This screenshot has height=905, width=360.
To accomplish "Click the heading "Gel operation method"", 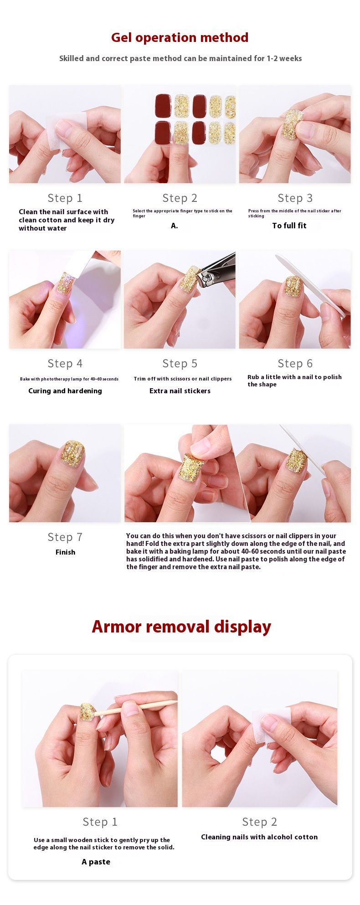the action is tap(180, 37).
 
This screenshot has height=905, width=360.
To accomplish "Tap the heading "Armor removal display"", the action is tap(181, 627).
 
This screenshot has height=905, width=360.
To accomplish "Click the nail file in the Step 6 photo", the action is tap(310, 285).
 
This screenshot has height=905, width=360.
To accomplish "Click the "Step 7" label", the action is tap(65, 537).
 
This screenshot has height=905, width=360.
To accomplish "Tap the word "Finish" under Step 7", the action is tap(65, 552).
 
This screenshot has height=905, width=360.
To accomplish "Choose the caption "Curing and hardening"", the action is tap(65, 391).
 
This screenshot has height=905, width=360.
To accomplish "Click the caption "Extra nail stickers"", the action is tap(180, 391).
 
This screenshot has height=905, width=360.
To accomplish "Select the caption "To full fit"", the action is tap(289, 226).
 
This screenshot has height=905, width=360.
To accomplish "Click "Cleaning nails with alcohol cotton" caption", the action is tap(259, 837).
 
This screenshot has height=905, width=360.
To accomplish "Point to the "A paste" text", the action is tap(96, 862).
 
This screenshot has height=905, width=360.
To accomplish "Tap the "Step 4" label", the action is tap(65, 364).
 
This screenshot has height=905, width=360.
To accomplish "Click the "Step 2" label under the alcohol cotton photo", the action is tap(259, 822).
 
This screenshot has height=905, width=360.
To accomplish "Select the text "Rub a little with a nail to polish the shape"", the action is tap(294, 381).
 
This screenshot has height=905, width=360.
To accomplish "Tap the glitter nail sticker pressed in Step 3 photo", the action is tap(290, 124).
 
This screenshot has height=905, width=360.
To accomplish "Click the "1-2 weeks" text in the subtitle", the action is tap(284, 58).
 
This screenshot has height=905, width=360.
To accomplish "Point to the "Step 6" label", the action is tap(295, 364).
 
